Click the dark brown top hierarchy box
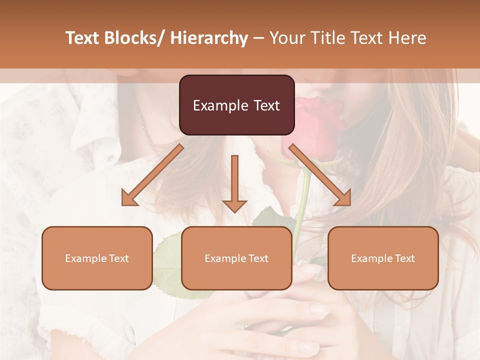(236, 105)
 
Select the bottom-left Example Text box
(97, 258)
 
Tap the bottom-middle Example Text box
(236, 258)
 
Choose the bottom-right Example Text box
(383, 258)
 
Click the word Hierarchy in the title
(209, 38)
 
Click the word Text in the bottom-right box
(404, 258)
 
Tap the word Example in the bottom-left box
(86, 258)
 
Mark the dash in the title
(258, 38)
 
